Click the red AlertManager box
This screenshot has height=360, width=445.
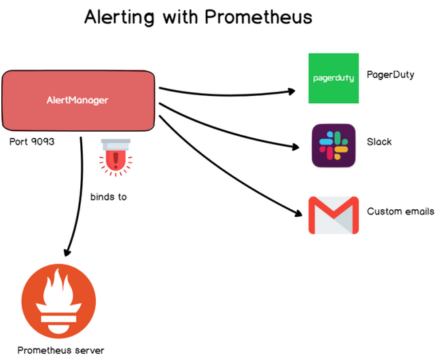click(79, 101)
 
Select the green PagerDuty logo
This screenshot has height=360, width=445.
click(333, 78)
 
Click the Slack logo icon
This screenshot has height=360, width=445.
click(333, 145)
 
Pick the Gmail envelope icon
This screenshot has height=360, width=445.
click(333, 215)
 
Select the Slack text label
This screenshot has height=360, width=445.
click(379, 142)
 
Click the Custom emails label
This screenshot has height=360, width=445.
click(400, 211)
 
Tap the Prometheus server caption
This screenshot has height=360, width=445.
click(61, 350)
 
